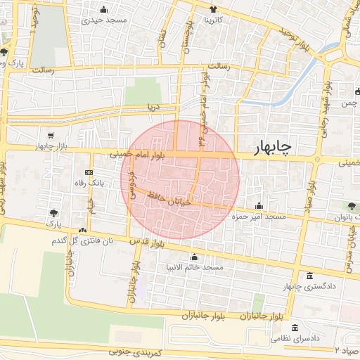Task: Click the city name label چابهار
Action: [274, 146]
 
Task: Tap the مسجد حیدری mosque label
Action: [105, 20]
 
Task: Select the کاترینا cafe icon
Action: [213, 10]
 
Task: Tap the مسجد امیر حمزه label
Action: [259, 217]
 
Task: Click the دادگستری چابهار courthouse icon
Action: [310, 277]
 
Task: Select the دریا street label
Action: [153, 108]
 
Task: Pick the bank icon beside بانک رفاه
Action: [89, 172]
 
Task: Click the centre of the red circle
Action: [180, 179]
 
